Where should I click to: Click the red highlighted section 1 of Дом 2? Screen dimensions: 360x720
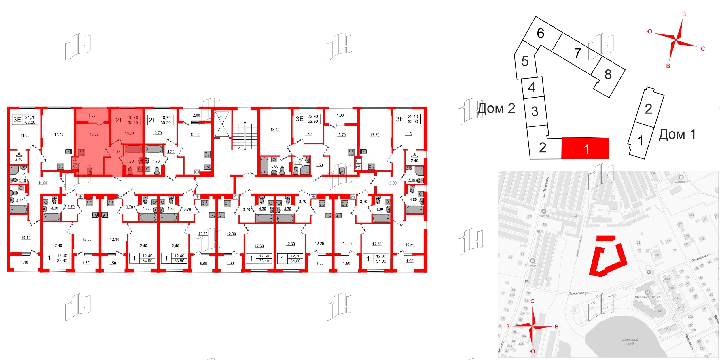pos(585,149)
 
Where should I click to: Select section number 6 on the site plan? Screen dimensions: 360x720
pos(540,33)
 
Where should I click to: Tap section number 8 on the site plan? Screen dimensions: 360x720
pos(608,75)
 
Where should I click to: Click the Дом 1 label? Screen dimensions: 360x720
pos(677,134)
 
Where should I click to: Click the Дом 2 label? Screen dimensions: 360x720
pos(496,109)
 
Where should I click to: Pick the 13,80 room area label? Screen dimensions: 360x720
pos(94,134)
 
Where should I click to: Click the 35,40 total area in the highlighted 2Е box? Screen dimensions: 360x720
pos(133,123)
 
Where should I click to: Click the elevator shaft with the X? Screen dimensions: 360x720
pos(222,124)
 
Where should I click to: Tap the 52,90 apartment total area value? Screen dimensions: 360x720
pos(313,122)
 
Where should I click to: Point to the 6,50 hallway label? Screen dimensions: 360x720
pos(319,165)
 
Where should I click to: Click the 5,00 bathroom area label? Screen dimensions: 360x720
pos(275,166)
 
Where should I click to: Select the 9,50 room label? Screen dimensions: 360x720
pos(308,134)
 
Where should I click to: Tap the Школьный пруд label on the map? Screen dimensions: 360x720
pos(630,342)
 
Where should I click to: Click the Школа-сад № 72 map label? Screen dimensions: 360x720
pos(647,297)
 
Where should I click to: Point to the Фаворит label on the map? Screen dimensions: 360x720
pos(681,182)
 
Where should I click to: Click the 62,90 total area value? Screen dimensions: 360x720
pos(413,122)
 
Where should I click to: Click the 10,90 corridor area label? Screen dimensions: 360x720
pos(392,183)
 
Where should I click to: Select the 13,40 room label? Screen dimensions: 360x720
pos(275,130)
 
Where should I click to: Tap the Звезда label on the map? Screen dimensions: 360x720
pos(543,216)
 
